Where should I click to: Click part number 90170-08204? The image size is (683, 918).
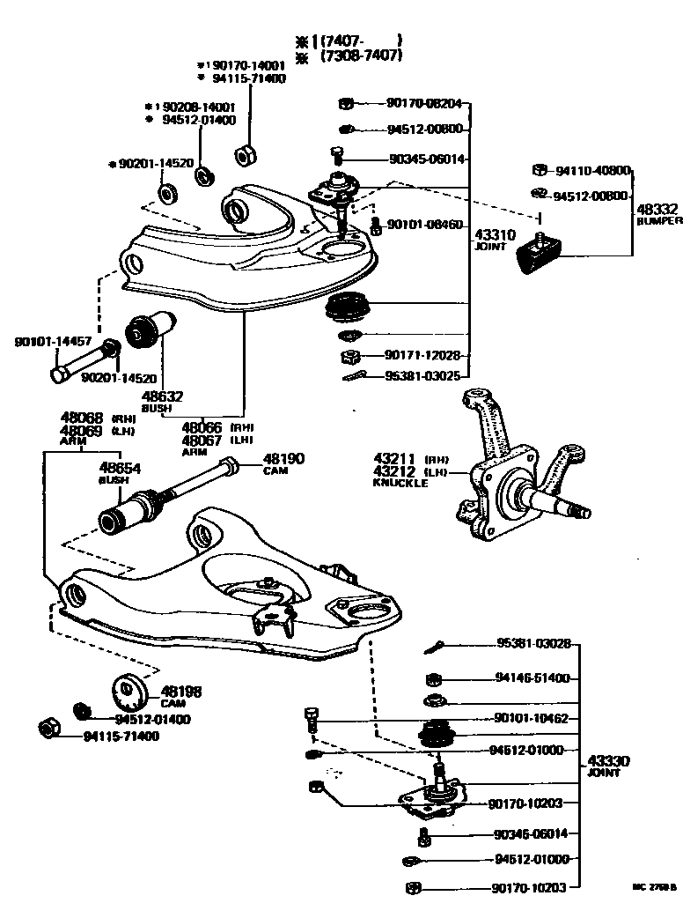[x=424, y=104]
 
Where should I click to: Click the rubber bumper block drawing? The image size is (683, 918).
[x=537, y=253]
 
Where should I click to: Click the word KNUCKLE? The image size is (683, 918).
[x=400, y=483]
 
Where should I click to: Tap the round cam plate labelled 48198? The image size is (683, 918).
[x=129, y=692]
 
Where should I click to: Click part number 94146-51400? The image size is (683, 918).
[x=532, y=678]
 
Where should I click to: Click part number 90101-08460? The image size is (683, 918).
[x=424, y=225]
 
